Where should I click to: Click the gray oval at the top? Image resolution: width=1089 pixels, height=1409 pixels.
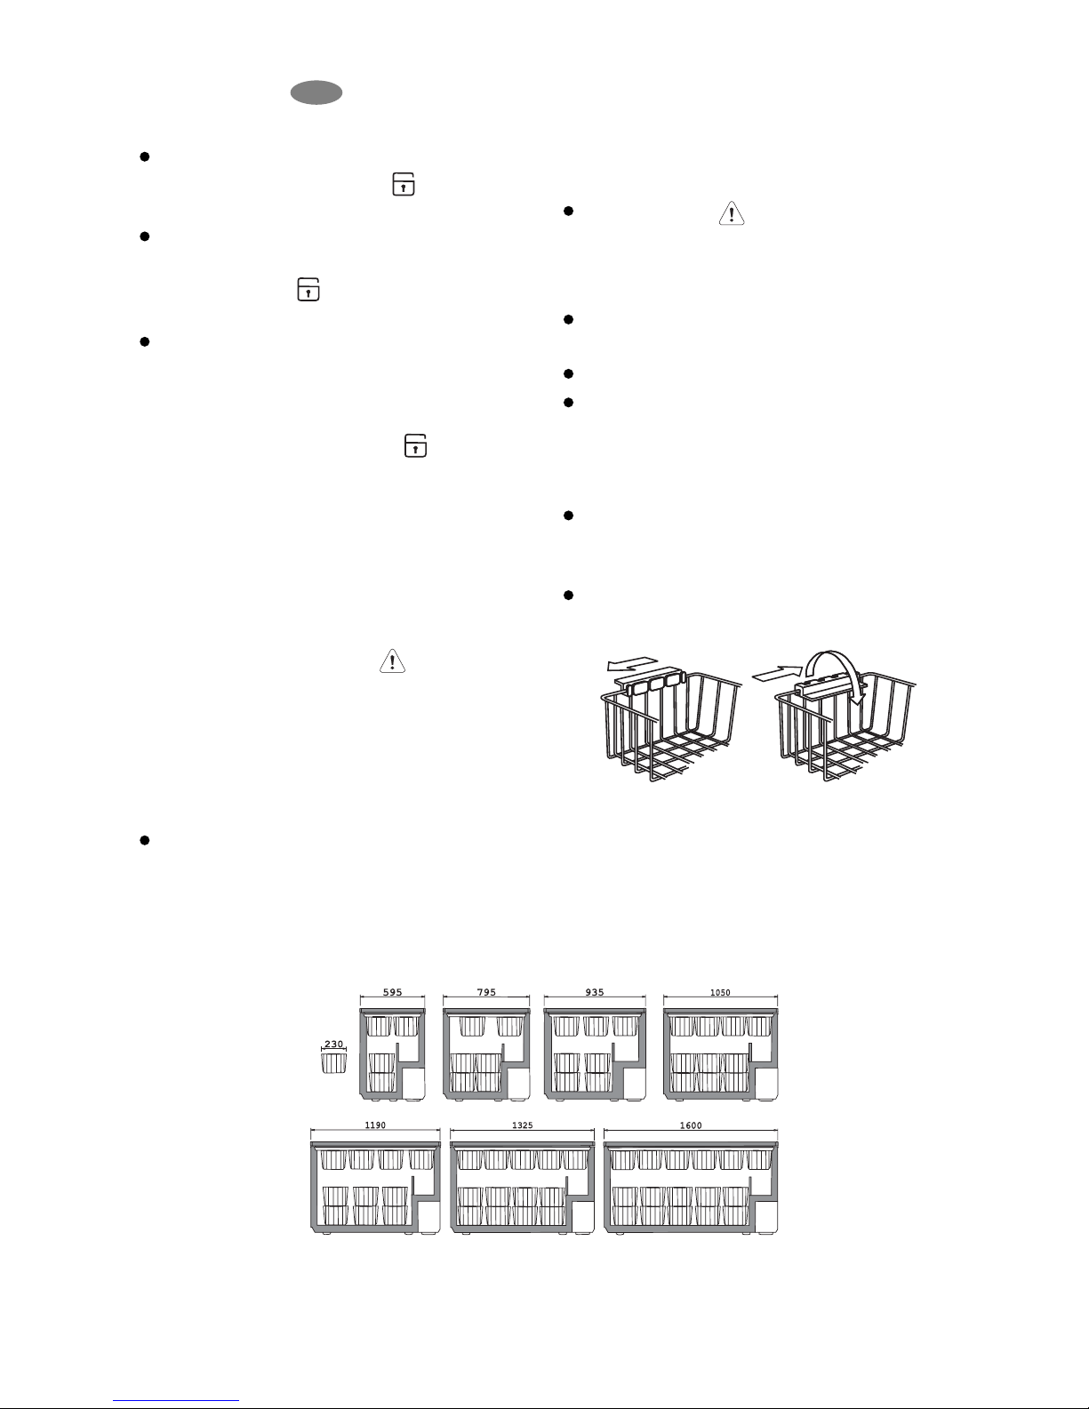pos(316,92)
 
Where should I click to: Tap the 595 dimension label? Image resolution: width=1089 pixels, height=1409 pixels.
pos(392,992)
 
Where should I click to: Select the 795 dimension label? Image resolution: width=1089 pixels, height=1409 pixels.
pos(486,992)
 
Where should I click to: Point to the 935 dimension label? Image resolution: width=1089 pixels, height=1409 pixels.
pos(595,992)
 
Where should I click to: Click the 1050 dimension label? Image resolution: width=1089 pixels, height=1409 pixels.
pos(720,993)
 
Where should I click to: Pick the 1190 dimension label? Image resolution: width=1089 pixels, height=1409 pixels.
pos(375,1125)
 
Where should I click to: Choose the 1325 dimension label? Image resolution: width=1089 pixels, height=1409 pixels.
pos(523,1125)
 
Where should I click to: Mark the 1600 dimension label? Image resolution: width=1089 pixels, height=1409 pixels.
pos(691,1125)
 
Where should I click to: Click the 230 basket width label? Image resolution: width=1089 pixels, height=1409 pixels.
pos(334,1044)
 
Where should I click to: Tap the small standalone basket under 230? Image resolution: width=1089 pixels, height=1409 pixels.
pos(334,1062)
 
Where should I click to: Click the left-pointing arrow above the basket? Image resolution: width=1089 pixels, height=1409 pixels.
pos(633,664)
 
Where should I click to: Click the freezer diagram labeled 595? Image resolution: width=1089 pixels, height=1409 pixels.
pos(393,1054)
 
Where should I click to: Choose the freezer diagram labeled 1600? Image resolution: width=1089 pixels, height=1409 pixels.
pos(691,1188)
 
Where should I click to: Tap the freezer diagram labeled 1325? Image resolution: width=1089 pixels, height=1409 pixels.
pos(523,1188)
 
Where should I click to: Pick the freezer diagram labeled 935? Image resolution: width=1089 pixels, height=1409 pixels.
pos(595,1054)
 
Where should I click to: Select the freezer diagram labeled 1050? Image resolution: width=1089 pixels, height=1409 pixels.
pos(721,1054)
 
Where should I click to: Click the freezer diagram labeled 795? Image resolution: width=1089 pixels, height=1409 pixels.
pos(487,1054)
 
